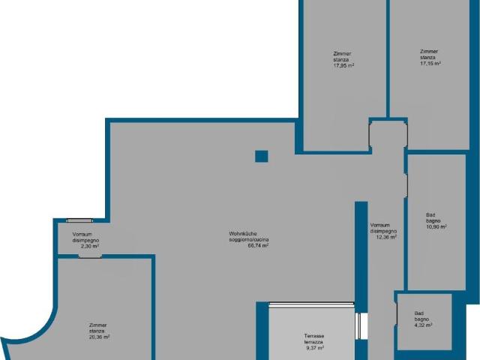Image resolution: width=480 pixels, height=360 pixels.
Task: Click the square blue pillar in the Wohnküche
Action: click(262, 156)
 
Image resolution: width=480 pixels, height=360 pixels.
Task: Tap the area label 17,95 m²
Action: click(343, 65)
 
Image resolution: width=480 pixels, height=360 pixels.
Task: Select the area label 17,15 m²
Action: click(430, 63)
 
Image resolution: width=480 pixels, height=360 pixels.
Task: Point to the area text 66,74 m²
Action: click(258, 245)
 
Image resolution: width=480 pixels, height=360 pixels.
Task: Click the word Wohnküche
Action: click(243, 234)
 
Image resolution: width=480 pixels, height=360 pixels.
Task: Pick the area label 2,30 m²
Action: click(90, 246)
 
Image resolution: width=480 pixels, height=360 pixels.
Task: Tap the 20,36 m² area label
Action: click(99, 337)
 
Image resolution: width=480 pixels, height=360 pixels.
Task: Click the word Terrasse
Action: click(314, 336)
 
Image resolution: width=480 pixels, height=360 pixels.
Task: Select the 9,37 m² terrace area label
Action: click(315, 348)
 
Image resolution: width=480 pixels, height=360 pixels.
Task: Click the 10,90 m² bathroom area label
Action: click(436, 226)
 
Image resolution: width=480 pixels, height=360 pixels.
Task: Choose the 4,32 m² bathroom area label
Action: click(423, 325)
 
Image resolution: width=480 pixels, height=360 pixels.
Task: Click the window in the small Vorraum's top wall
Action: click(79, 220)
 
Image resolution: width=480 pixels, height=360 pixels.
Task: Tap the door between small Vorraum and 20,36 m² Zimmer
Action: click(90, 256)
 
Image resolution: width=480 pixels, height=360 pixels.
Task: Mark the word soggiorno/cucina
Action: click(249, 240)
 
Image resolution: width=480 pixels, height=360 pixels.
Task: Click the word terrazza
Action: click(313, 342)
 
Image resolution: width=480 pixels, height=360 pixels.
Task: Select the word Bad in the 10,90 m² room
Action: click(430, 215)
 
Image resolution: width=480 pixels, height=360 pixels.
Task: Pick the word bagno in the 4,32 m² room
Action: click(421, 319)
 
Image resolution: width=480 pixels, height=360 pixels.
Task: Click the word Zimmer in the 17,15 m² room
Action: click(429, 52)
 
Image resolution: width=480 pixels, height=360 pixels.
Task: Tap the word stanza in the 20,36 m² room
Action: click(97, 331)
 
